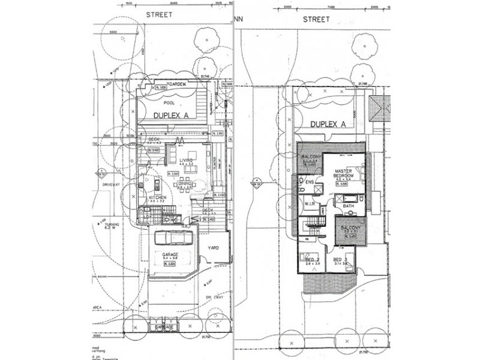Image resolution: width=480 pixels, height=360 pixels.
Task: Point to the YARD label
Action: tap(214, 246)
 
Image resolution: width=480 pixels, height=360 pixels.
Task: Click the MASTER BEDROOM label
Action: tap(347, 174)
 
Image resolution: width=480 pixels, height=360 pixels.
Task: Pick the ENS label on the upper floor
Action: tap(310, 181)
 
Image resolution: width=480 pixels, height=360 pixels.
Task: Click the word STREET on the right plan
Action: tap(316, 19)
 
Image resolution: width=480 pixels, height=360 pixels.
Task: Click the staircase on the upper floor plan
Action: tap(313, 225)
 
